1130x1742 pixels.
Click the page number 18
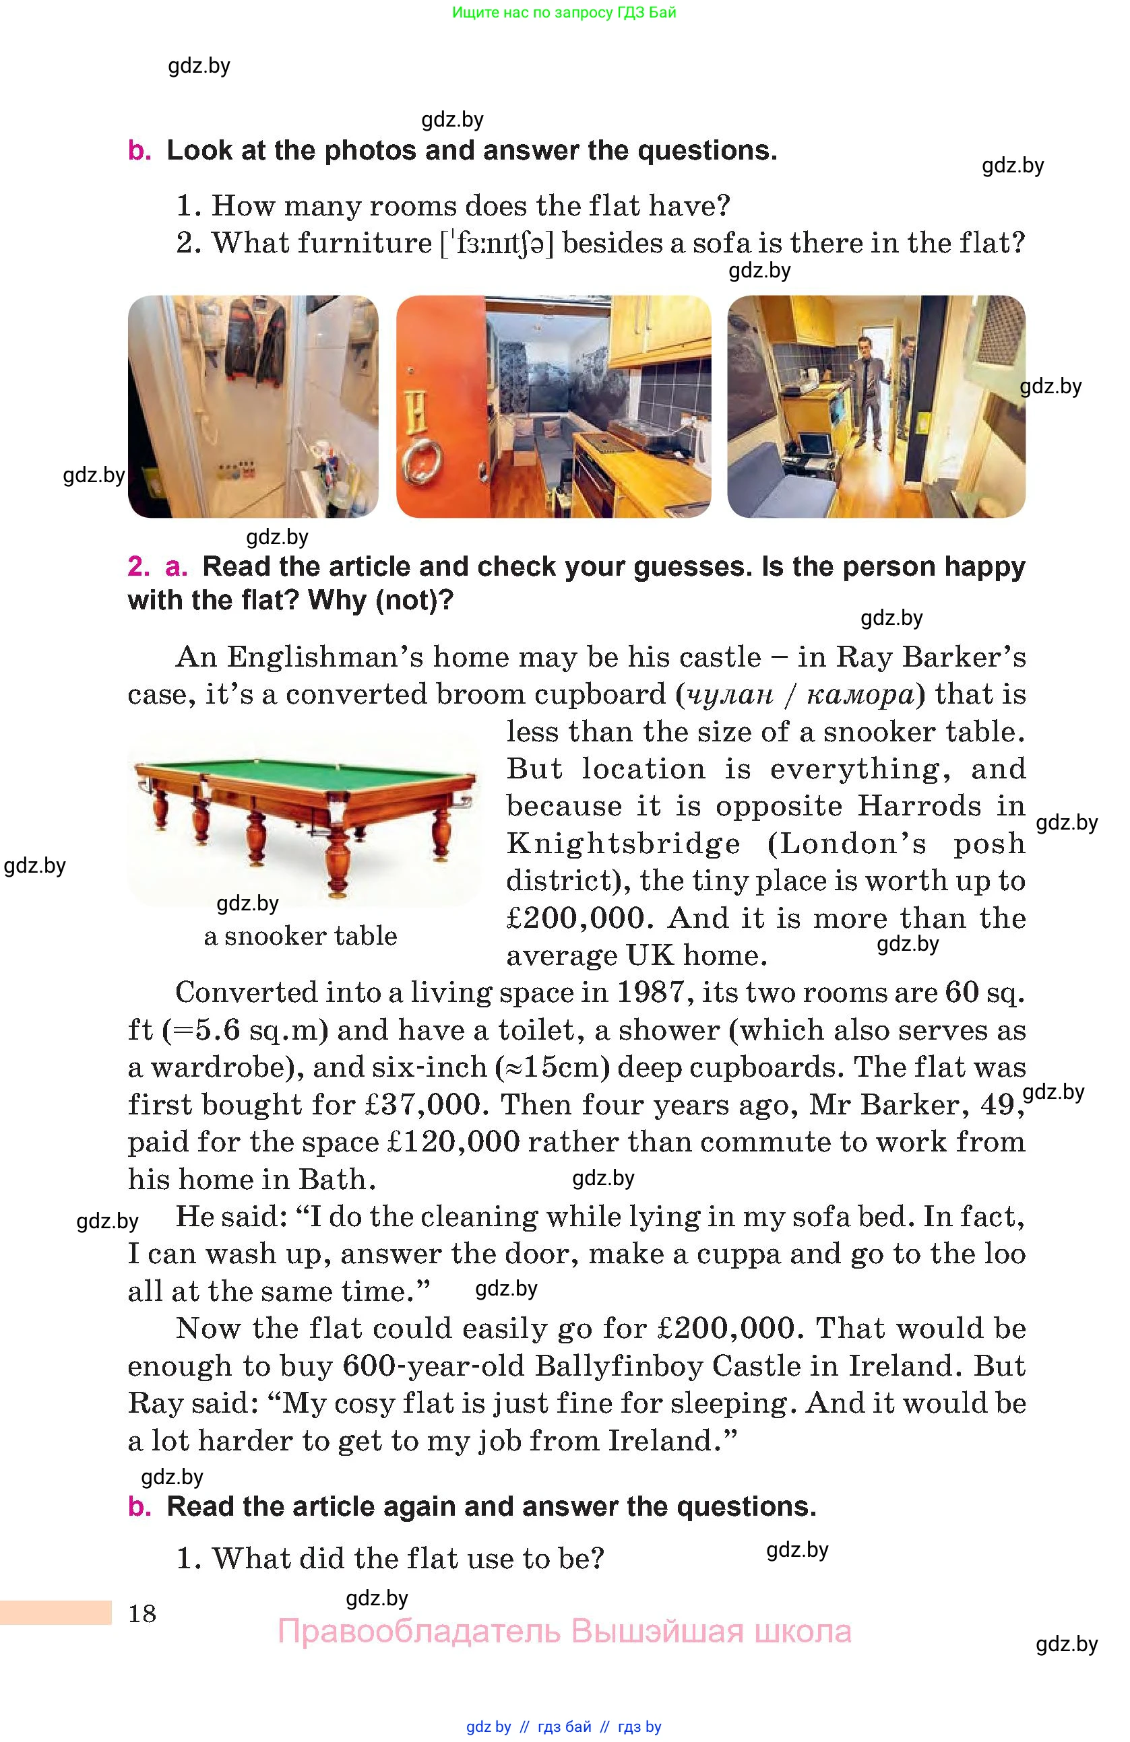click(142, 1614)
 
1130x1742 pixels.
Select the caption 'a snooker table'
click(301, 936)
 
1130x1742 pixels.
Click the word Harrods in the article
click(918, 807)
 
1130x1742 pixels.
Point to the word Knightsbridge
click(623, 844)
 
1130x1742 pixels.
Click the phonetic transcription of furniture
click(497, 243)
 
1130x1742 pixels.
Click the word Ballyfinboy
click(619, 1366)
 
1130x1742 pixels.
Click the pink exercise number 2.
click(137, 566)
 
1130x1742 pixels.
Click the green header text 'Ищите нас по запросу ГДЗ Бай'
click(564, 12)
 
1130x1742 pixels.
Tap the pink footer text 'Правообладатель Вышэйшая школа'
click(564, 1632)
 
